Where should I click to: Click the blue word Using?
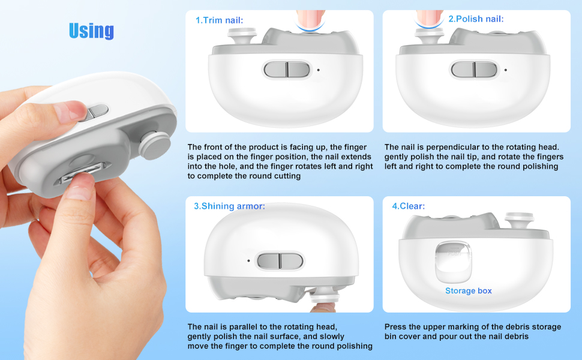pos(91,31)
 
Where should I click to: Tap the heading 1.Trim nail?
pos(220,20)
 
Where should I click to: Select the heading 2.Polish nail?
pos(476,19)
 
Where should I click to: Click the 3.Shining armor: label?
pos(229,206)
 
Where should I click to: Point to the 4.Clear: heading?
pos(408,206)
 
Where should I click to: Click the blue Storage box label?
pos(469,291)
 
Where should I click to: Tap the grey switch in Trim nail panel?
pos(287,70)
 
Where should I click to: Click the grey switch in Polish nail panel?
pos(474,70)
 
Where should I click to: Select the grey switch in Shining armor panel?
pos(280,261)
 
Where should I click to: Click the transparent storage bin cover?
pos(453,262)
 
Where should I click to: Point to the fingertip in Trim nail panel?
pos(310,20)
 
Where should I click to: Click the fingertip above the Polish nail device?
pos(430,19)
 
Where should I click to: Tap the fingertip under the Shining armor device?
pos(323,307)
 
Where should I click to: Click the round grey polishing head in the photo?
pos(155,145)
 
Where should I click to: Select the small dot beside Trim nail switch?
pos(319,70)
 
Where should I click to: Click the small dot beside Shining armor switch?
pos(248,261)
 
